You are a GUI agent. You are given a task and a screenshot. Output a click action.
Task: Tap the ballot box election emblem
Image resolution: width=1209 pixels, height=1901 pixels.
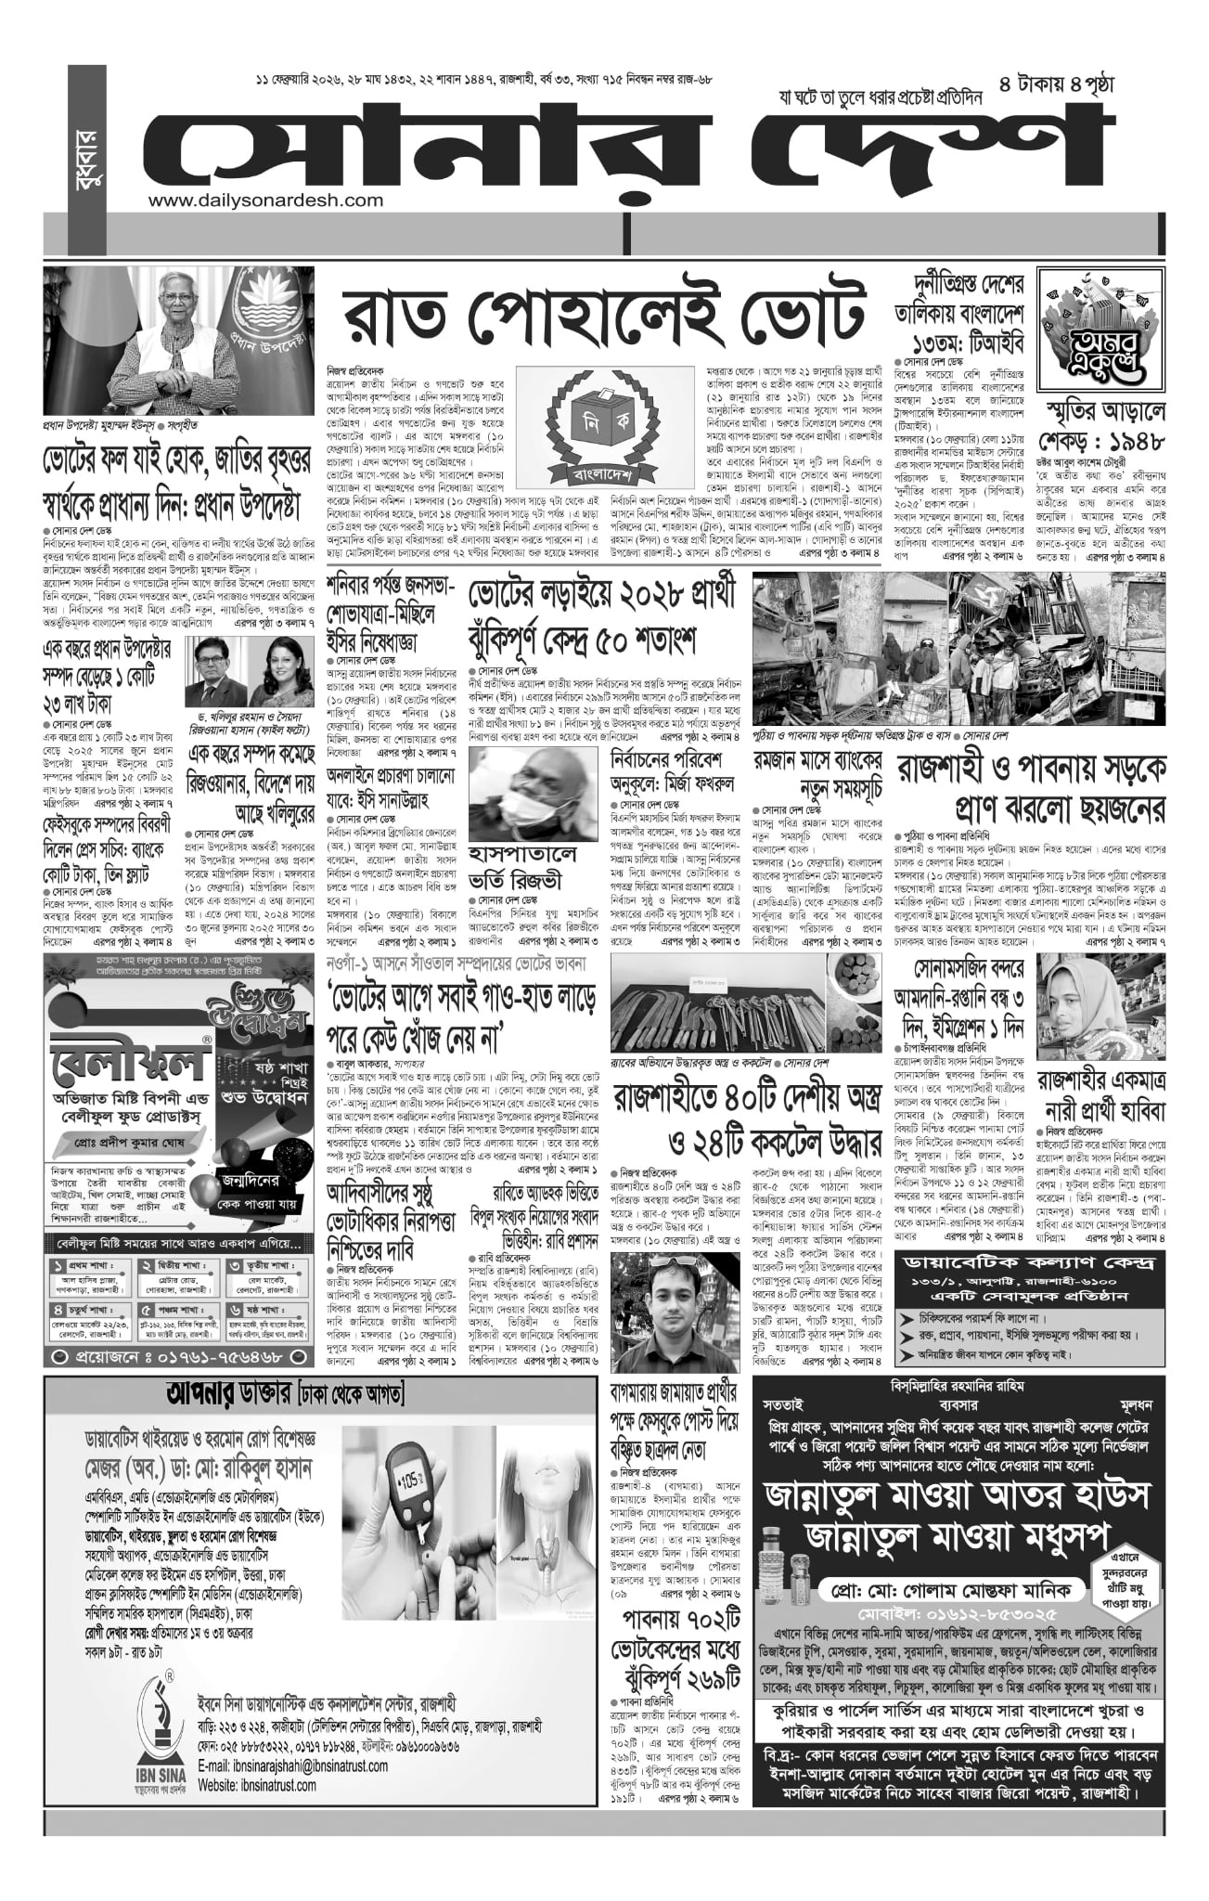coord(606,418)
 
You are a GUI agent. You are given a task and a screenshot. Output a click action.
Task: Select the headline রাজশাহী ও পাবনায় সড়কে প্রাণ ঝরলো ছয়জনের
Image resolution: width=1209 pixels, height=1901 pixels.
coord(1029,786)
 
